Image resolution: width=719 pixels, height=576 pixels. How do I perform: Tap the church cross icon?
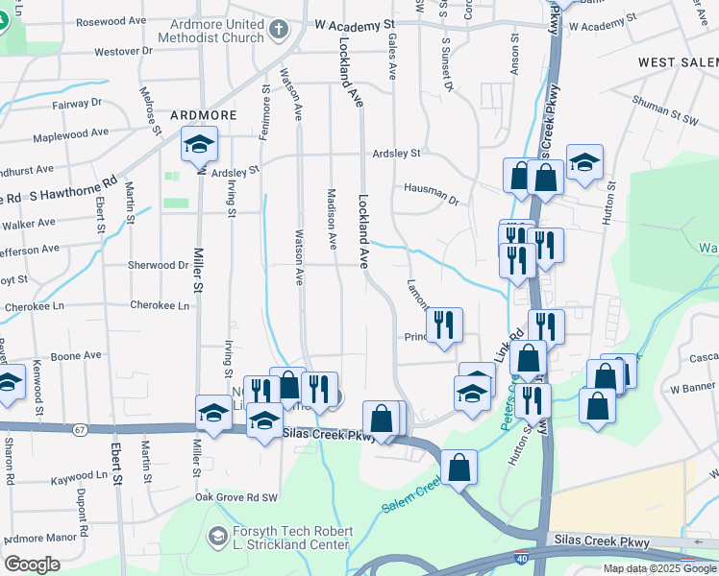point(279,31)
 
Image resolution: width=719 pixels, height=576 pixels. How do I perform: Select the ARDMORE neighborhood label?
point(203,115)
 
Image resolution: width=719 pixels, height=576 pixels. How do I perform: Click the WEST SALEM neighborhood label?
point(678,62)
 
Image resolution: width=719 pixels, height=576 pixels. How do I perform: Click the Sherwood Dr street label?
point(159,265)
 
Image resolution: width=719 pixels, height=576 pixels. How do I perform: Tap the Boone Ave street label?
point(77,355)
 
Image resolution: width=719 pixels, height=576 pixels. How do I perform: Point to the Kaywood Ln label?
point(86,476)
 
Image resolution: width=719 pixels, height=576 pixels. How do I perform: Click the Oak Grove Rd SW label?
point(236,497)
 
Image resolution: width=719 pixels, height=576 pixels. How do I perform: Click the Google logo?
point(32,564)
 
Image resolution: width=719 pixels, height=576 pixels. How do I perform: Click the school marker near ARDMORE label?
point(199,145)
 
